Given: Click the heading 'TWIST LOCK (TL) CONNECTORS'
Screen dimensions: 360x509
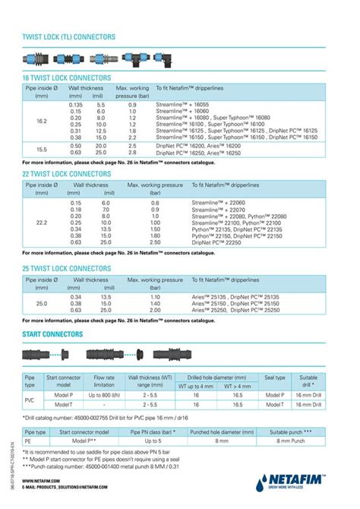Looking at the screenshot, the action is click(x=69, y=36).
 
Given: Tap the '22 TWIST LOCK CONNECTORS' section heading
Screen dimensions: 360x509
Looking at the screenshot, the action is click(x=66, y=175).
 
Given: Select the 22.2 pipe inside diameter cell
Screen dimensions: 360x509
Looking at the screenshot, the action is click(x=41, y=223).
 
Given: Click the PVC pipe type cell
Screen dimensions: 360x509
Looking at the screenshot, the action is click(x=30, y=400).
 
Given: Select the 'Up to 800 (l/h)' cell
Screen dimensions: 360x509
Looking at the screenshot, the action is click(x=103, y=395).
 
